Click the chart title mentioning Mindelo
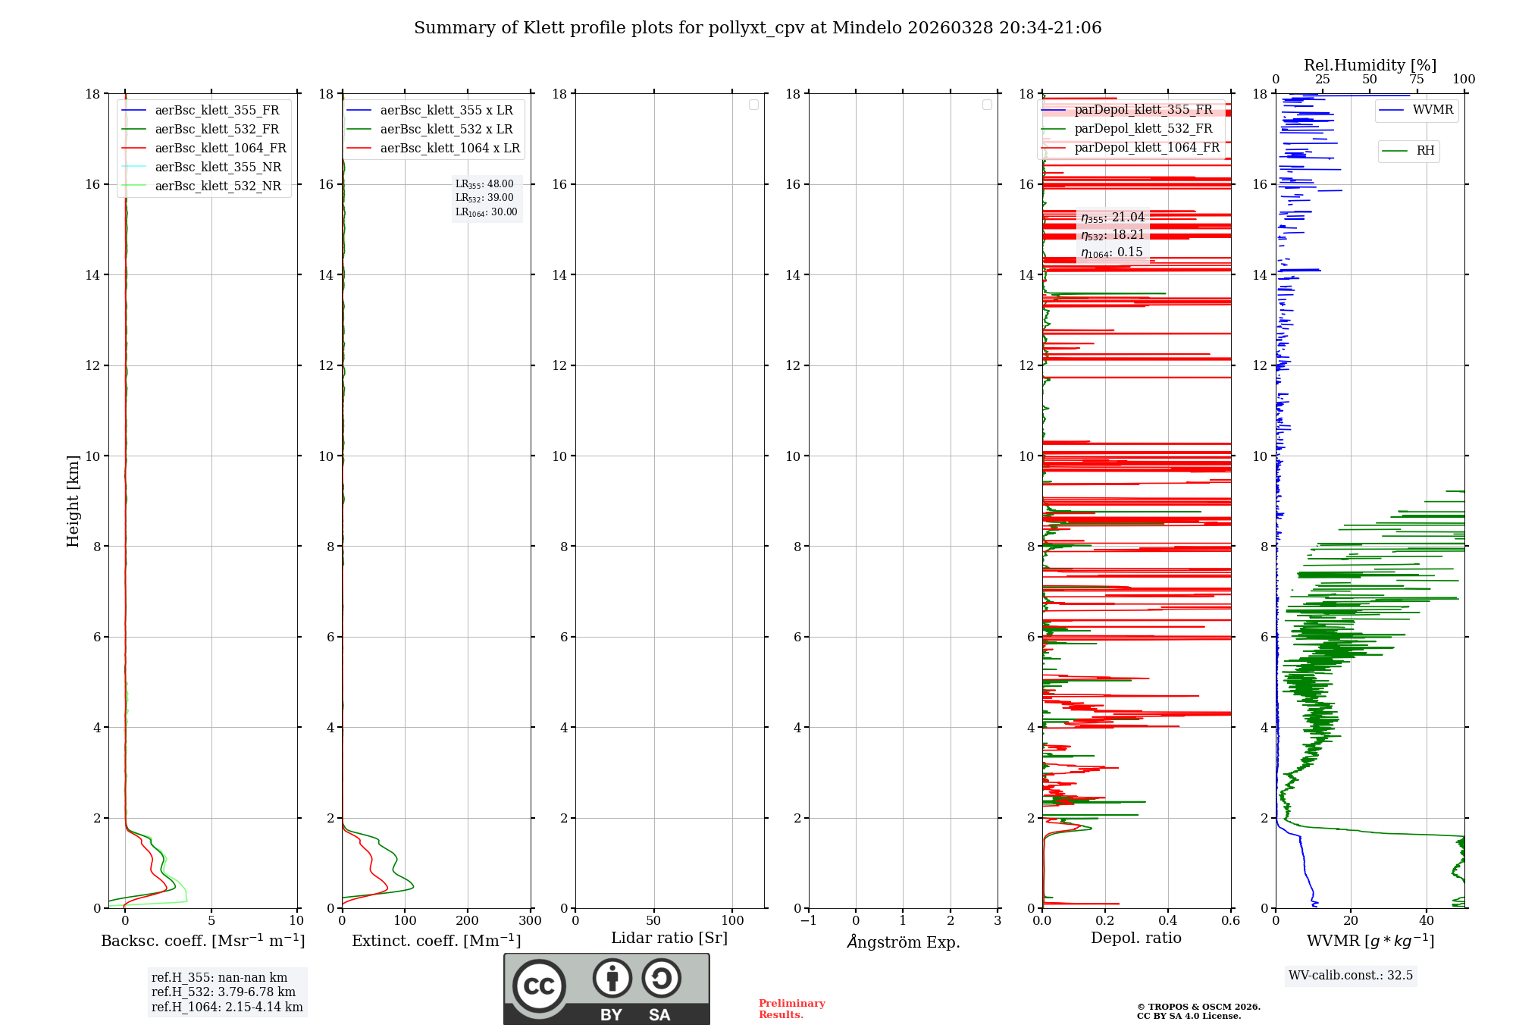click(757, 28)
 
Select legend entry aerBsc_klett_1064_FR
click(220, 149)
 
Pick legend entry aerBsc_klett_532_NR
click(218, 186)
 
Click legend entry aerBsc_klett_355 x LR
click(446, 111)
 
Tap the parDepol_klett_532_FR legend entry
click(1143, 129)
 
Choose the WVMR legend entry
click(1433, 110)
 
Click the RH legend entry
click(1425, 151)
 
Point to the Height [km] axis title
click(73, 501)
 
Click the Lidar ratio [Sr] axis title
click(669, 939)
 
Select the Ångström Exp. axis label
click(904, 942)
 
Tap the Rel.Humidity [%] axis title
click(1370, 65)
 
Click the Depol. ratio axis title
click(1135, 939)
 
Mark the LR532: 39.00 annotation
click(484, 198)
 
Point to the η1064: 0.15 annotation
click(1111, 252)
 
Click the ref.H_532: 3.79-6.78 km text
click(224, 992)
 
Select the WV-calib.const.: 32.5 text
click(1350, 976)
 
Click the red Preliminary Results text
click(791, 1009)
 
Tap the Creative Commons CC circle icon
click(539, 986)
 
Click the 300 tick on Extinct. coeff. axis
click(530, 921)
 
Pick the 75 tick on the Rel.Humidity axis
click(1416, 80)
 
